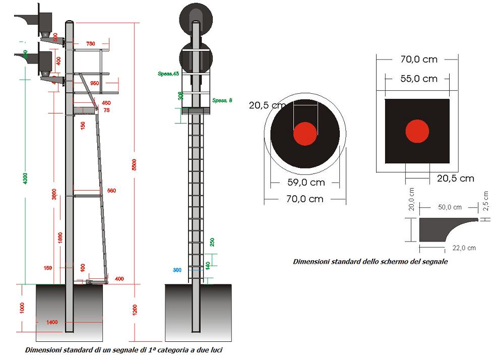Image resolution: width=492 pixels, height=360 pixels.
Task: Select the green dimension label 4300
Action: pos(26,178)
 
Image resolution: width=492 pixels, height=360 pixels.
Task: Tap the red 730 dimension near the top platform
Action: pos(90,44)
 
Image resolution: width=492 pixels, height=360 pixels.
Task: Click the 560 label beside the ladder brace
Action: pos(111,191)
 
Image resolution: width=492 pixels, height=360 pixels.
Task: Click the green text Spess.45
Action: pos(168,74)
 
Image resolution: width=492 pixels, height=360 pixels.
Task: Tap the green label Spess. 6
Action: pos(222,100)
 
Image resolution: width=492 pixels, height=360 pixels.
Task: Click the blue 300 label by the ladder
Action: pos(177,270)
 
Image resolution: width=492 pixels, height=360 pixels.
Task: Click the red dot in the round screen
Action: pos(305,134)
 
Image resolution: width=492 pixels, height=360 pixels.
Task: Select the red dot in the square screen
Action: pos(417,131)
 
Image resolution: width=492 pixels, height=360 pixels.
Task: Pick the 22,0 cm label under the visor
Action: pos(464,248)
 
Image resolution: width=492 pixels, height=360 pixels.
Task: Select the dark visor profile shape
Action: pos(428,228)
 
